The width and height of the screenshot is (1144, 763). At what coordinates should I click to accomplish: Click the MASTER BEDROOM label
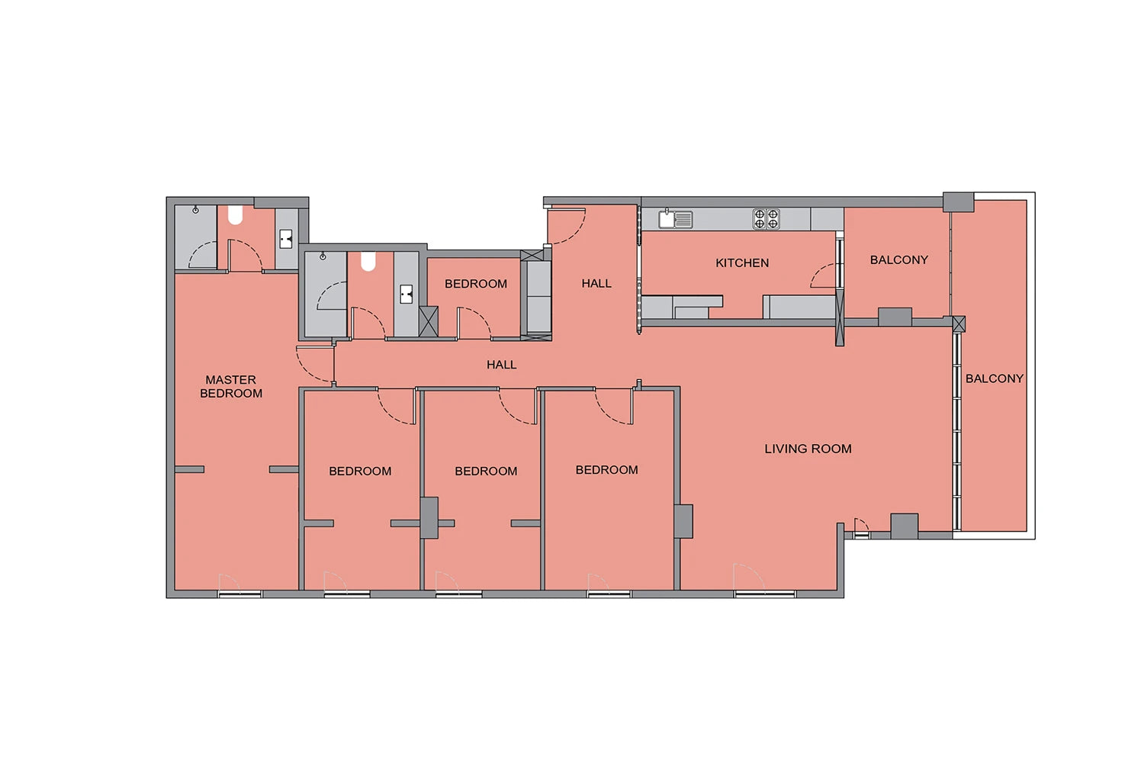pyautogui.click(x=231, y=386)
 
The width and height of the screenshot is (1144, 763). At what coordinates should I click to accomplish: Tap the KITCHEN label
pyautogui.click(x=742, y=262)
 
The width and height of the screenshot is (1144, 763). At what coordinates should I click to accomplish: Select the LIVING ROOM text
pyautogui.click(x=808, y=449)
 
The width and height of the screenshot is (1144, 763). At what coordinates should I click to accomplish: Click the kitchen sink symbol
pyautogui.click(x=675, y=219)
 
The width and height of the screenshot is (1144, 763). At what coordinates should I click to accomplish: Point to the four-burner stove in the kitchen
pyautogui.click(x=766, y=219)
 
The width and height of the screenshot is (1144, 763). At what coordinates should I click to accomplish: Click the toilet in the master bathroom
pyautogui.click(x=235, y=215)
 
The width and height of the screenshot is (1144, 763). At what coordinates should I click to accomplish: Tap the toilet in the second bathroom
pyautogui.click(x=368, y=261)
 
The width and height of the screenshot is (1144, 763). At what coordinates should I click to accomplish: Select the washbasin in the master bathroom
pyautogui.click(x=286, y=239)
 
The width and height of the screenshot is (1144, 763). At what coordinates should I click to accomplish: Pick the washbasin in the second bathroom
pyautogui.click(x=406, y=294)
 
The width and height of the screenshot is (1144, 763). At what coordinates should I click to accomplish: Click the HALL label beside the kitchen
pyautogui.click(x=596, y=283)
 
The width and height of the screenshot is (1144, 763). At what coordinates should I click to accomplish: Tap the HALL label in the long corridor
pyautogui.click(x=502, y=365)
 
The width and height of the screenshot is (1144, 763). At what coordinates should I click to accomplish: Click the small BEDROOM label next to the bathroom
pyautogui.click(x=476, y=284)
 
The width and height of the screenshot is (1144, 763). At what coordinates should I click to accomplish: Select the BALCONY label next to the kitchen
pyautogui.click(x=899, y=259)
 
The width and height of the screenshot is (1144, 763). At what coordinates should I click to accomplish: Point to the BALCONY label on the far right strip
pyautogui.click(x=995, y=378)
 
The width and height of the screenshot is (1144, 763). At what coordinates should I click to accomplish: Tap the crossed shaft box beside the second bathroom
pyautogui.click(x=429, y=321)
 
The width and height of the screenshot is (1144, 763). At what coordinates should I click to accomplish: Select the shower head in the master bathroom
pyautogui.click(x=195, y=210)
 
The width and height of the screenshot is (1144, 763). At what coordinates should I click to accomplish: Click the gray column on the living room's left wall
pyautogui.click(x=683, y=521)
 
